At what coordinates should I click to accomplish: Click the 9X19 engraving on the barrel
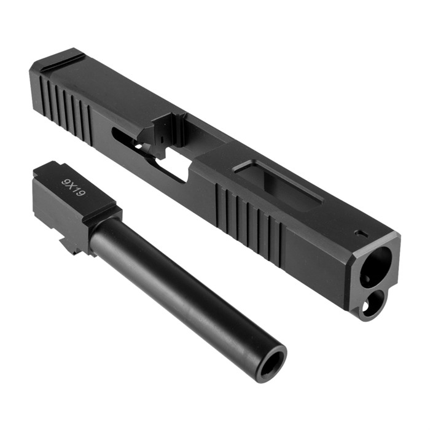[x=74, y=187]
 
